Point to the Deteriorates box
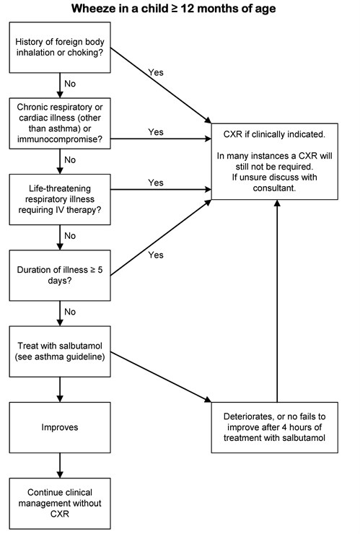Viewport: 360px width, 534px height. click(x=276, y=427)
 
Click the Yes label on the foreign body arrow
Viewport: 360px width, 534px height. click(x=156, y=73)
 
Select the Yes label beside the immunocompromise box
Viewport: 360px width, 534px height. click(x=156, y=132)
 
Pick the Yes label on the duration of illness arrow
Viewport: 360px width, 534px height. click(x=156, y=255)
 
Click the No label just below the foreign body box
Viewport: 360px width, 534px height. click(x=70, y=84)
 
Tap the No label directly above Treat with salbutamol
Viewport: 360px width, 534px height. click(x=70, y=311)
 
